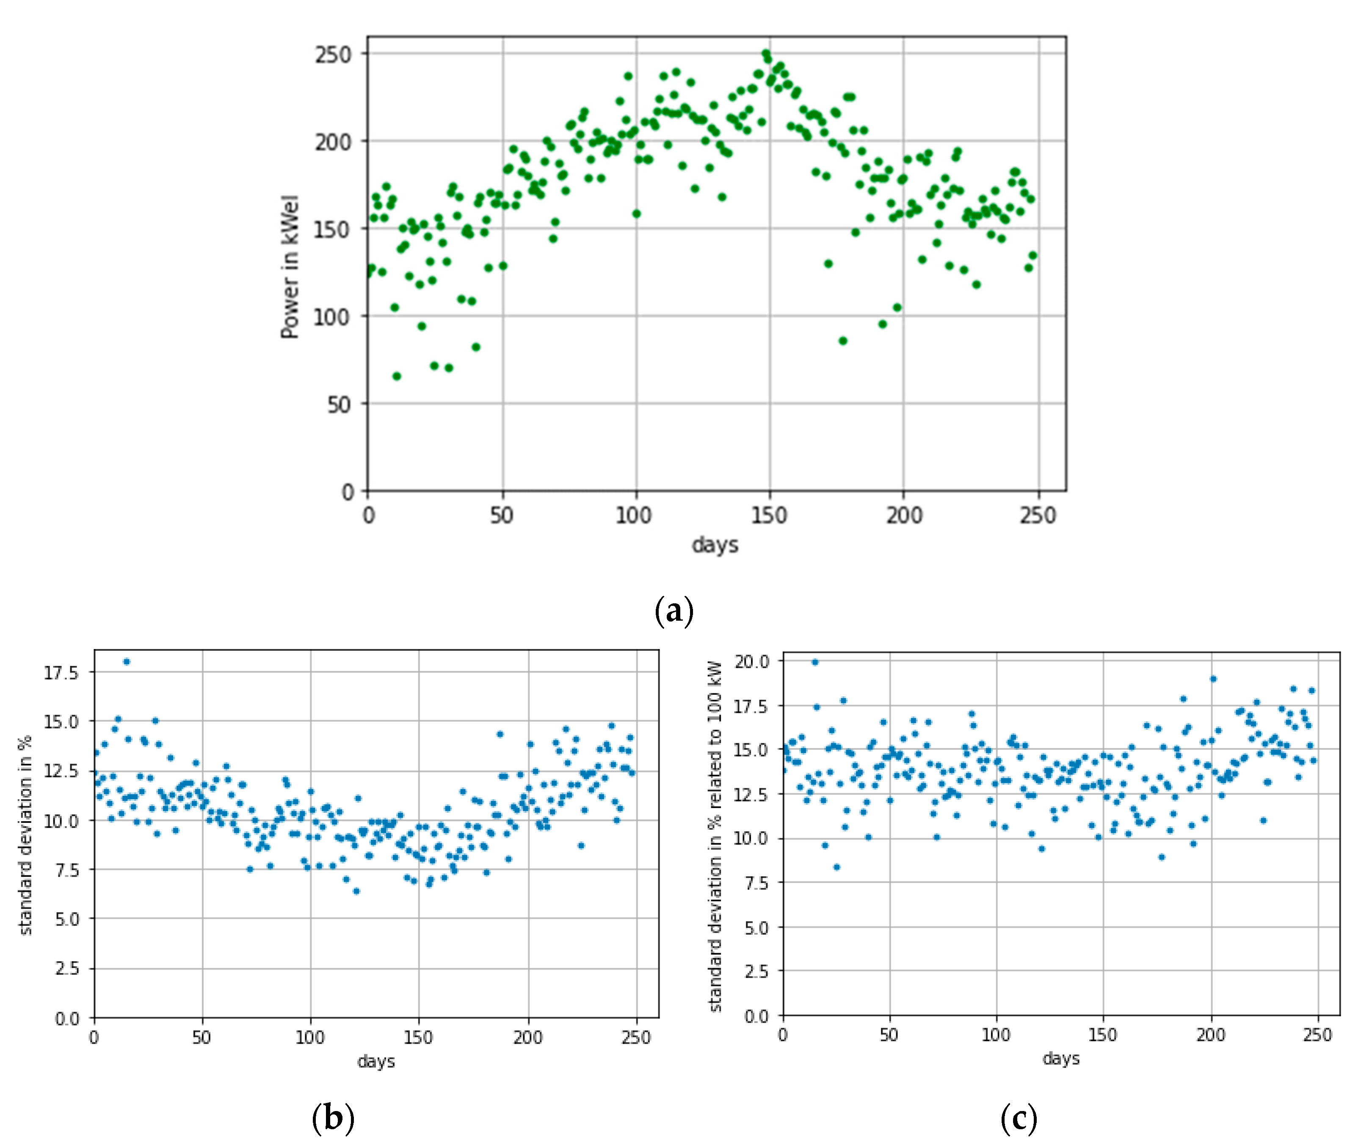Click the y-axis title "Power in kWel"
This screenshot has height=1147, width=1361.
[x=290, y=267]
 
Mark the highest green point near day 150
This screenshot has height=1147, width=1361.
[x=766, y=54]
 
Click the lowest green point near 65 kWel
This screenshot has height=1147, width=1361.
[x=396, y=376]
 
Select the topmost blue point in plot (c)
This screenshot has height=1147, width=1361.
[x=814, y=662]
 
